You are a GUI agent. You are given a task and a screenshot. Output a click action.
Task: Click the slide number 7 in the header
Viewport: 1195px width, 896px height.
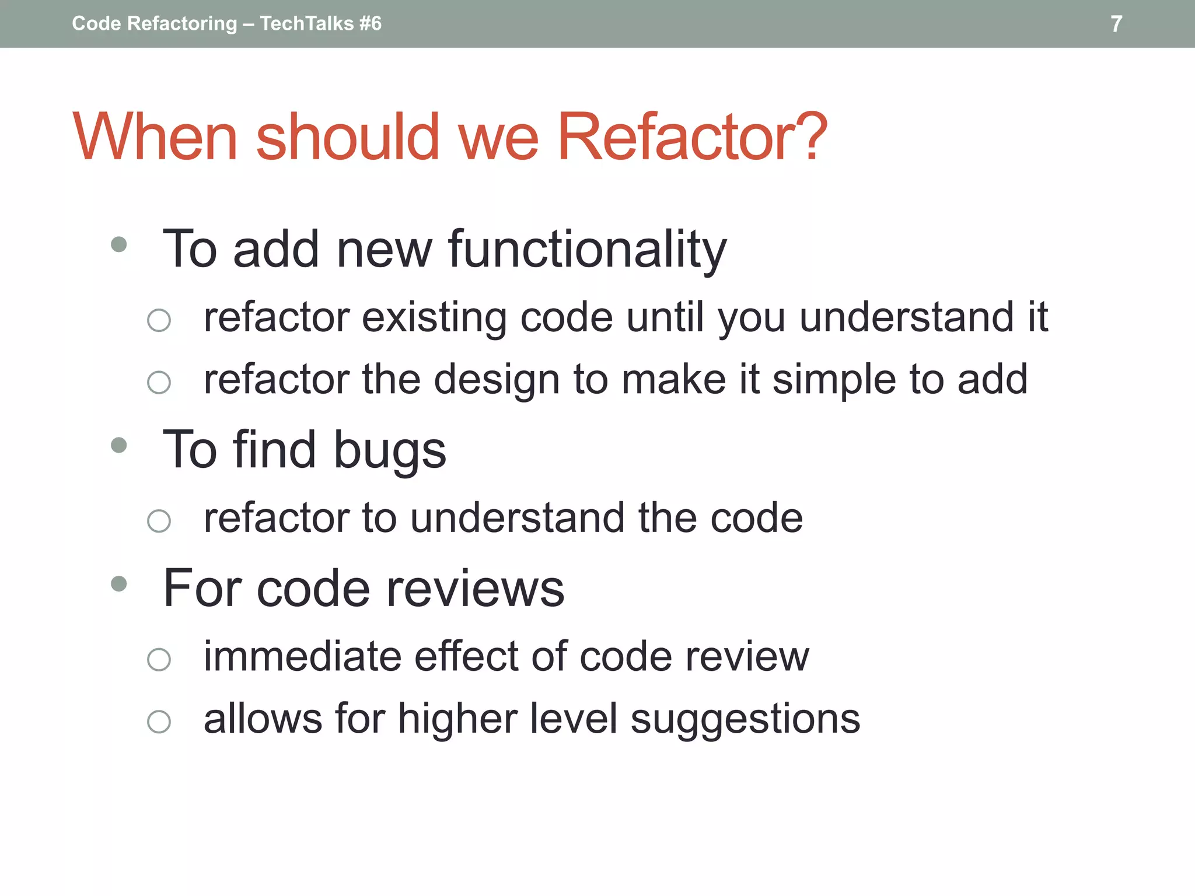coord(1116,24)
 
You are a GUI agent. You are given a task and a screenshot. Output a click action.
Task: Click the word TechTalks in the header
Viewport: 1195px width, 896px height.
coord(307,23)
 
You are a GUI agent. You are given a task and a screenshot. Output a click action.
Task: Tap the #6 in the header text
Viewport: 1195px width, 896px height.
coord(370,23)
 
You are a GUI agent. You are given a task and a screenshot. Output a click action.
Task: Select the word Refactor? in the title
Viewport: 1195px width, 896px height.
coord(693,137)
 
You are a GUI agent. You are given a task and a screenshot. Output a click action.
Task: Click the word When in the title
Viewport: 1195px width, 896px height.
coord(155,137)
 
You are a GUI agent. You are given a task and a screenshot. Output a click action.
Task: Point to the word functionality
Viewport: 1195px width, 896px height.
coord(587,250)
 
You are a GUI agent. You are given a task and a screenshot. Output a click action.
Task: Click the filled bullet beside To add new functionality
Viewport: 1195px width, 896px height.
coord(119,244)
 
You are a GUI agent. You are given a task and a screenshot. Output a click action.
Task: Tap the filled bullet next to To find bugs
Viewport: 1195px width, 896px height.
coord(119,445)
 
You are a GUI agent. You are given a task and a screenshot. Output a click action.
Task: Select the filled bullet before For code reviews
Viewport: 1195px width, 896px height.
coord(119,583)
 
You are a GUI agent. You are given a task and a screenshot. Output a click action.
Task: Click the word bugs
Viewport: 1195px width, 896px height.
coord(390,451)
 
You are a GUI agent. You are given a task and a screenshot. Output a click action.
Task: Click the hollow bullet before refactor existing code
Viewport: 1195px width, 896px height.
coord(159,320)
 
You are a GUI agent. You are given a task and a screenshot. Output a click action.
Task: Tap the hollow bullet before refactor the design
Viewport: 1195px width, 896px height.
coord(159,383)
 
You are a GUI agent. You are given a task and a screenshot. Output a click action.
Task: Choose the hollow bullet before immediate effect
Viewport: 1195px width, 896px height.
coord(159,660)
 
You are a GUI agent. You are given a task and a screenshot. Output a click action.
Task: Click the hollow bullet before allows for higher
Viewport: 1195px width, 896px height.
coord(159,722)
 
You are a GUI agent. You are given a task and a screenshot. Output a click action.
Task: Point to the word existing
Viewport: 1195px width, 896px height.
coord(434,318)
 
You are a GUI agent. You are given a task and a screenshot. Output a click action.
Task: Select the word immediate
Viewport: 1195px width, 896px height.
coord(303,657)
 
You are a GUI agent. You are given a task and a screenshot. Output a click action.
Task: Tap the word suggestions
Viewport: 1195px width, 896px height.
coord(745,719)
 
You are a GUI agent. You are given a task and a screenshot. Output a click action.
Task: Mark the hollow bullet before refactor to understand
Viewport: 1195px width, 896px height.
coord(159,521)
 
